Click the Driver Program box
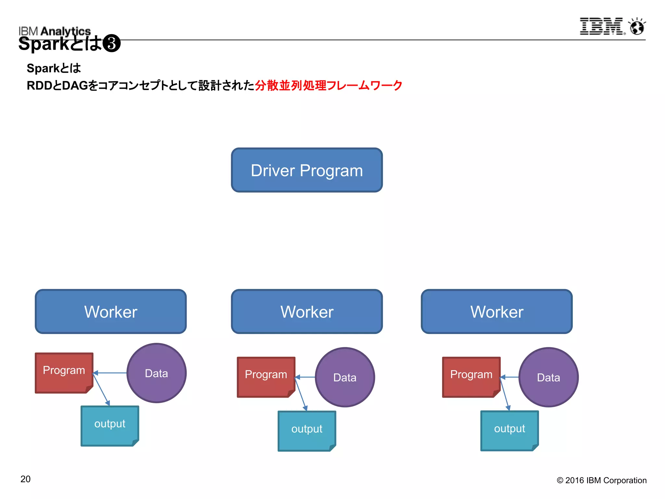(307, 170)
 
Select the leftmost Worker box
(111, 311)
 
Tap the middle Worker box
(307, 311)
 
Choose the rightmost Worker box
(496, 311)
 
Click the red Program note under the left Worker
(64, 372)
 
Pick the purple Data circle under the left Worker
(157, 373)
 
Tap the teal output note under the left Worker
(110, 425)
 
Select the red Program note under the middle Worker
(266, 377)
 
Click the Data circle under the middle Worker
(345, 377)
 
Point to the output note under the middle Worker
(307, 430)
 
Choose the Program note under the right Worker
(471, 377)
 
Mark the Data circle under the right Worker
(548, 377)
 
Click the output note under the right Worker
(509, 430)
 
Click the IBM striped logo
(601, 26)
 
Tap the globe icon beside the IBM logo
(637, 27)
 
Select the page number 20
(25, 479)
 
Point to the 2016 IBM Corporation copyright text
(602, 480)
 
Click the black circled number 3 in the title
(111, 44)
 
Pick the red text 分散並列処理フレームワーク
(329, 85)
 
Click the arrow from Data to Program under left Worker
(110, 373)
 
